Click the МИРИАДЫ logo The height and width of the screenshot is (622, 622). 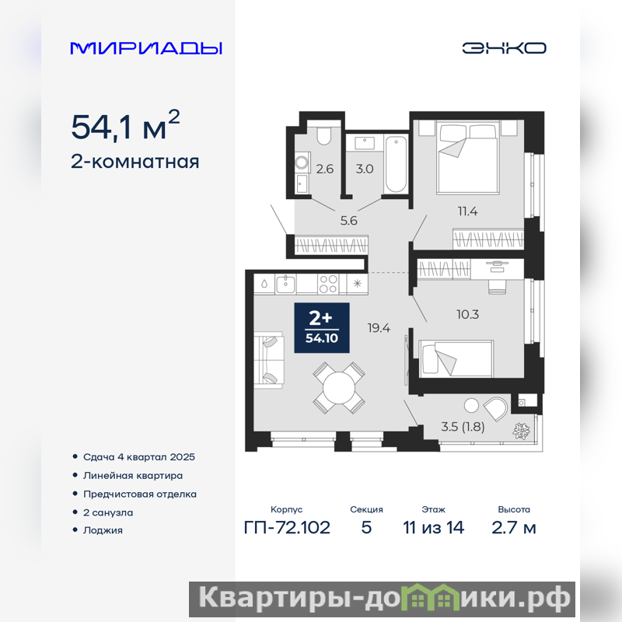(146, 48)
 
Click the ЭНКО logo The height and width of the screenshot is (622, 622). (504, 48)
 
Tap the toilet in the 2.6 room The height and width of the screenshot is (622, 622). (324, 135)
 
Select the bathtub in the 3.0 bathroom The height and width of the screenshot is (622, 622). (396, 164)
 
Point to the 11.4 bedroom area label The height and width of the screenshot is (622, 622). (468, 211)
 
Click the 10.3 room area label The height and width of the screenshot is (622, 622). (468, 315)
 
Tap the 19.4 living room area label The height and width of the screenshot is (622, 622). (379, 328)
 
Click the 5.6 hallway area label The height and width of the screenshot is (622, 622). (348, 221)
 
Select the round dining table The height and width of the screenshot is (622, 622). (339, 388)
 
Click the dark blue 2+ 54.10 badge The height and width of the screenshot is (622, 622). (322, 327)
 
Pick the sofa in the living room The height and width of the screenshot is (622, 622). (269, 361)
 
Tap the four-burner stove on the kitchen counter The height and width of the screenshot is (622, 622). (328, 284)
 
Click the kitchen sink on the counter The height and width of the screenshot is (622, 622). (285, 284)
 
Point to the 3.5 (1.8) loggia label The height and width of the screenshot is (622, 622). (463, 427)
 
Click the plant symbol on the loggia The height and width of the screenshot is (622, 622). (521, 431)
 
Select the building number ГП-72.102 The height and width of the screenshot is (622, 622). (287, 528)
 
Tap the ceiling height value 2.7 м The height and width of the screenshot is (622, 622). (514, 528)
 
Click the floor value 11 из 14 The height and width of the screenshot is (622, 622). (433, 528)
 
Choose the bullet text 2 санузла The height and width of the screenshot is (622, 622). (108, 512)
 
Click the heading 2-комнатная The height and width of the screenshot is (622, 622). (135, 162)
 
